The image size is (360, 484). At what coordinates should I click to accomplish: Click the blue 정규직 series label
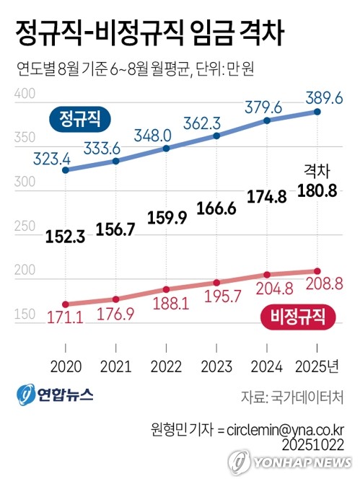pos(79,117)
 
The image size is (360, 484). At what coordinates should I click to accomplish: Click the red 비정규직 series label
pos(297,314)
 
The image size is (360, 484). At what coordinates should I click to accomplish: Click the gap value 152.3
pos(66,235)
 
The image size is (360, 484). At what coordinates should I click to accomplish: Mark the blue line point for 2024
pos(268,120)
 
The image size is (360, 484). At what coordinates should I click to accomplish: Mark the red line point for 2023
pos(217,283)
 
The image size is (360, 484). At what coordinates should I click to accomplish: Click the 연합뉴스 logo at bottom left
pos(56,396)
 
